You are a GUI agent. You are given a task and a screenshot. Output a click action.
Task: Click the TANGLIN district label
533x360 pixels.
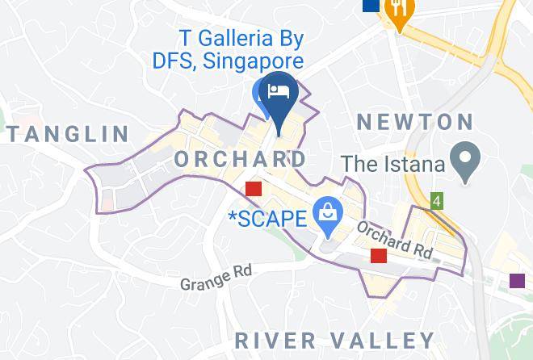(68, 134)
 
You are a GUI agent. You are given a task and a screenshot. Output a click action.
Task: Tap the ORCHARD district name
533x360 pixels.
(241, 158)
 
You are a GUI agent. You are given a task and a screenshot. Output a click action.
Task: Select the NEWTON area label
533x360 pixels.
(415, 123)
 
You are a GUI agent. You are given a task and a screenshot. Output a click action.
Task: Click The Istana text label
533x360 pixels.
(393, 164)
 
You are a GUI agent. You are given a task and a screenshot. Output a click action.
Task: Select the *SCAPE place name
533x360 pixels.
(268, 218)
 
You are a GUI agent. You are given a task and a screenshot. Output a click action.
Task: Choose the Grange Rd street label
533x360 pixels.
(216, 278)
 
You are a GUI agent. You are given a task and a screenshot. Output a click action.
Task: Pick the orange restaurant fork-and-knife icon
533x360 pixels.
(399, 10)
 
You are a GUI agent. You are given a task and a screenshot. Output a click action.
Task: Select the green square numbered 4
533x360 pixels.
(437, 200)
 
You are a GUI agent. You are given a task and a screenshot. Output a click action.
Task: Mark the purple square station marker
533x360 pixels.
(518, 280)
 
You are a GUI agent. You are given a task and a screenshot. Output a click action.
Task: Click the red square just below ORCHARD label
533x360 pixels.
(254, 188)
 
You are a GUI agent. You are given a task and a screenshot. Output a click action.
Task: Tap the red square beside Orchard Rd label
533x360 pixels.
(378, 256)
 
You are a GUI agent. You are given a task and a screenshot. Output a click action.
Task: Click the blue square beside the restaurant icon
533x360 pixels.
(371, 5)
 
